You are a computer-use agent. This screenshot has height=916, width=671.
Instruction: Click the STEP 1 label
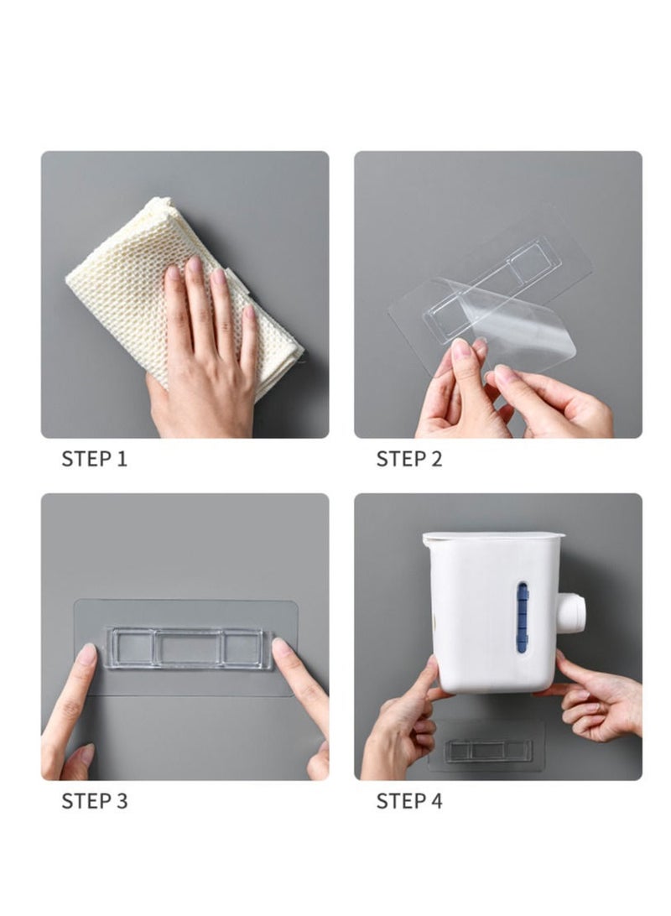[94, 459]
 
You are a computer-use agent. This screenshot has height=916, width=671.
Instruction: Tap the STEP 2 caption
[408, 459]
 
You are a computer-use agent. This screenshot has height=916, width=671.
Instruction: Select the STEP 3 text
[94, 801]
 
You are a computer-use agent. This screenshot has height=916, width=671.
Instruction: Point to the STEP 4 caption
[408, 801]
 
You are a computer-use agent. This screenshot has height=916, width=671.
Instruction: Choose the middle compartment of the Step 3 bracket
[188, 648]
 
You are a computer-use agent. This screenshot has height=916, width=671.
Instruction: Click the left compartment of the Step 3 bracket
[132, 648]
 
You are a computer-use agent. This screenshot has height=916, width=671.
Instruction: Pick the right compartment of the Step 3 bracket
[245, 648]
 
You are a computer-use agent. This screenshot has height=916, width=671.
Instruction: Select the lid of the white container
[493, 536]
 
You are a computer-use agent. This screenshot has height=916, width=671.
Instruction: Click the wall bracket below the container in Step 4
[488, 751]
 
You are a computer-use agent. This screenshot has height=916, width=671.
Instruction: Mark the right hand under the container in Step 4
[596, 698]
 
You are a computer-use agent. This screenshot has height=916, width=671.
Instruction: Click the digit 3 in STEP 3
[122, 801]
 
